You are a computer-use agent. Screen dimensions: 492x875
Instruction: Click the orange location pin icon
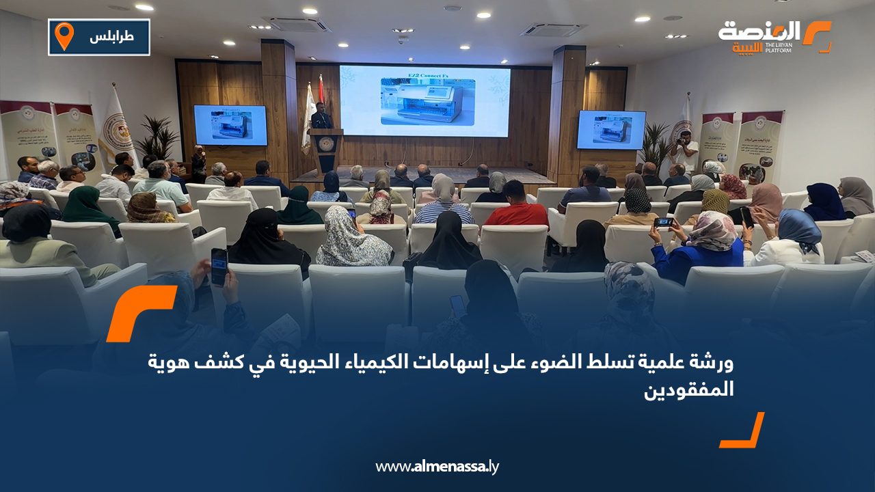(64, 36)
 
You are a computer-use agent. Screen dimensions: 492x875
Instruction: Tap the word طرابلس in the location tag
(111, 37)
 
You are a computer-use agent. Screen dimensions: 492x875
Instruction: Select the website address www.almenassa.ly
(437, 467)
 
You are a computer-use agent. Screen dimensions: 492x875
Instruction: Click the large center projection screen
(425, 100)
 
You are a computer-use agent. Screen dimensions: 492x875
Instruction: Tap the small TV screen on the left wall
(230, 125)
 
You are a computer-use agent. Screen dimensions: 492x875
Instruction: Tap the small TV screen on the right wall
(610, 130)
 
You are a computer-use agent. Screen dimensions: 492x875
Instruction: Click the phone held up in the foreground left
(219, 266)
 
